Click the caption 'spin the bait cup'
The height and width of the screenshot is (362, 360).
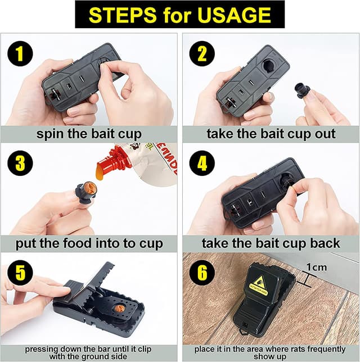pos(90,134)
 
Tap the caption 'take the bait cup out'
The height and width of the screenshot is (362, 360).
pos(271,134)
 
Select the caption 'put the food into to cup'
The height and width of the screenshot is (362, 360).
pos(90,243)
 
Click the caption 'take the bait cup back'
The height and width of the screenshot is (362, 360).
pos(271,243)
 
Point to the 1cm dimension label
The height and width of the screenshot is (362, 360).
pos(316,268)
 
